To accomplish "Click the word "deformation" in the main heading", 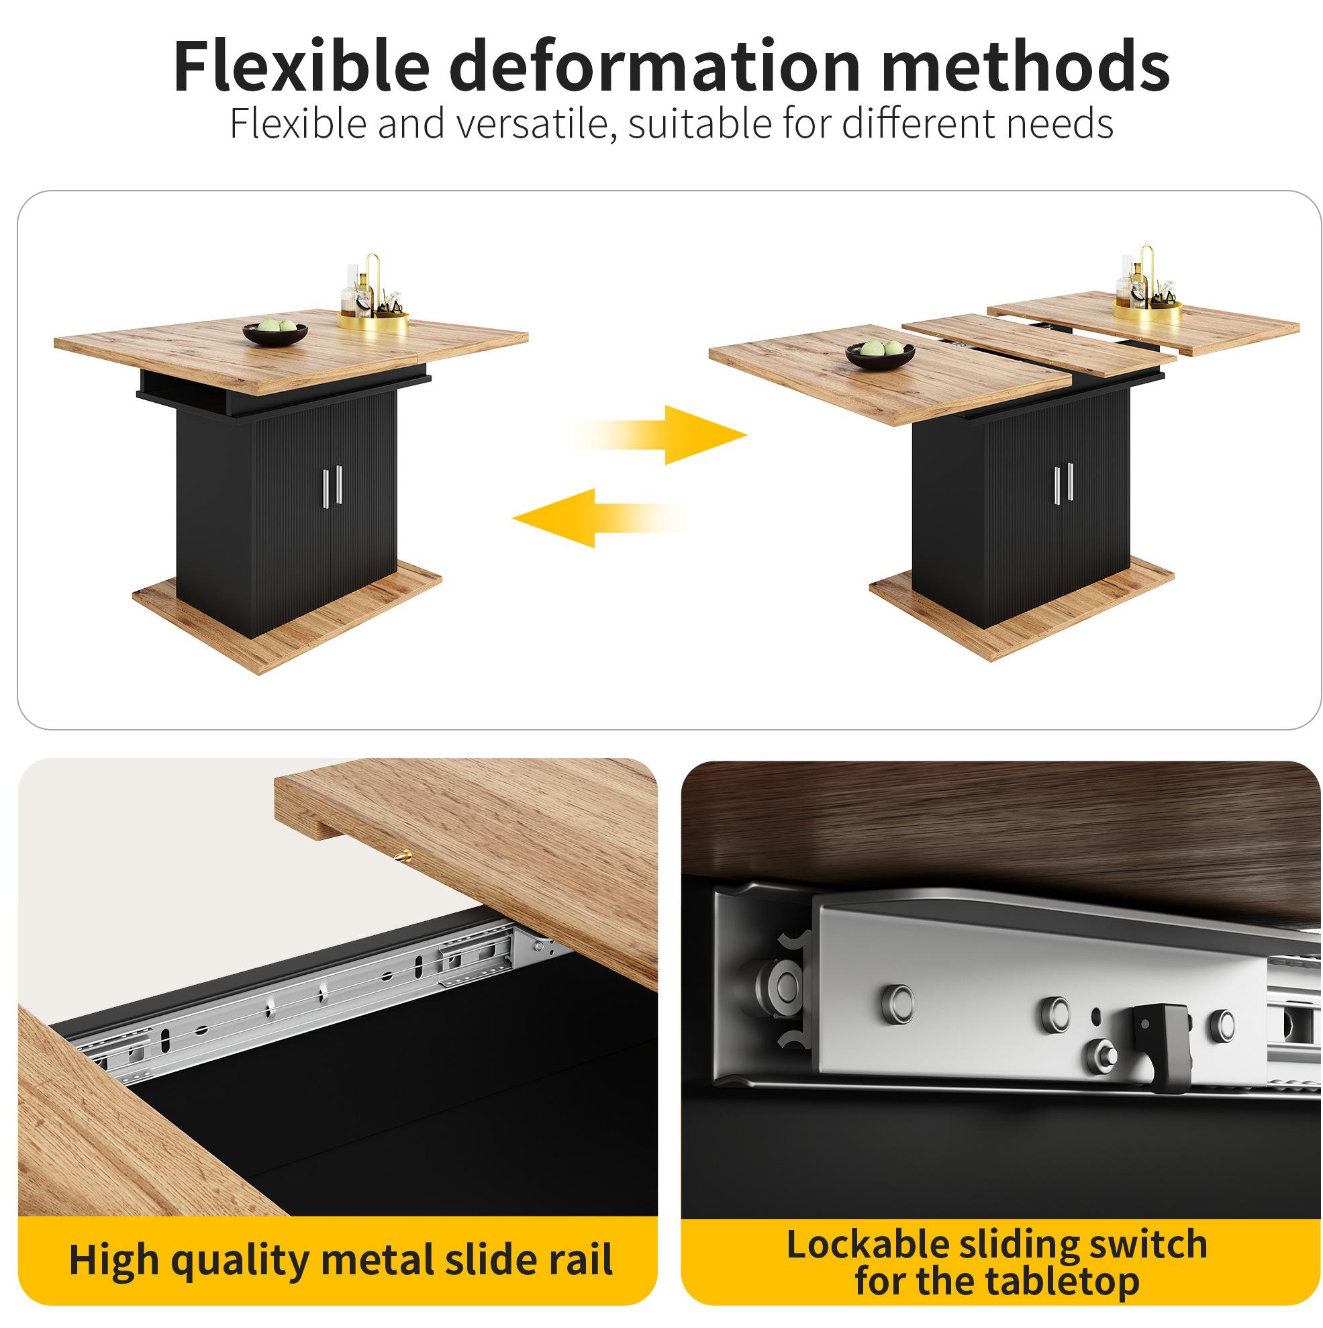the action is point(654,66).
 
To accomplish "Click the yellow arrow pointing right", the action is point(660,435).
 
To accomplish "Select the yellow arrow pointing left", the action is point(599,518).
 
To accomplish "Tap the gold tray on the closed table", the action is point(373,320).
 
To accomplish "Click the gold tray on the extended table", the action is point(1147,312).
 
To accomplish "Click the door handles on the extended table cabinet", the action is point(1064,484).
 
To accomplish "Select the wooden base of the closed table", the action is point(287,618).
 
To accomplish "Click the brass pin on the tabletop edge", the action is point(403,857).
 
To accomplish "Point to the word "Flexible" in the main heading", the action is point(301,66).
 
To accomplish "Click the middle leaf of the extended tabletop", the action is point(1038,344).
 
